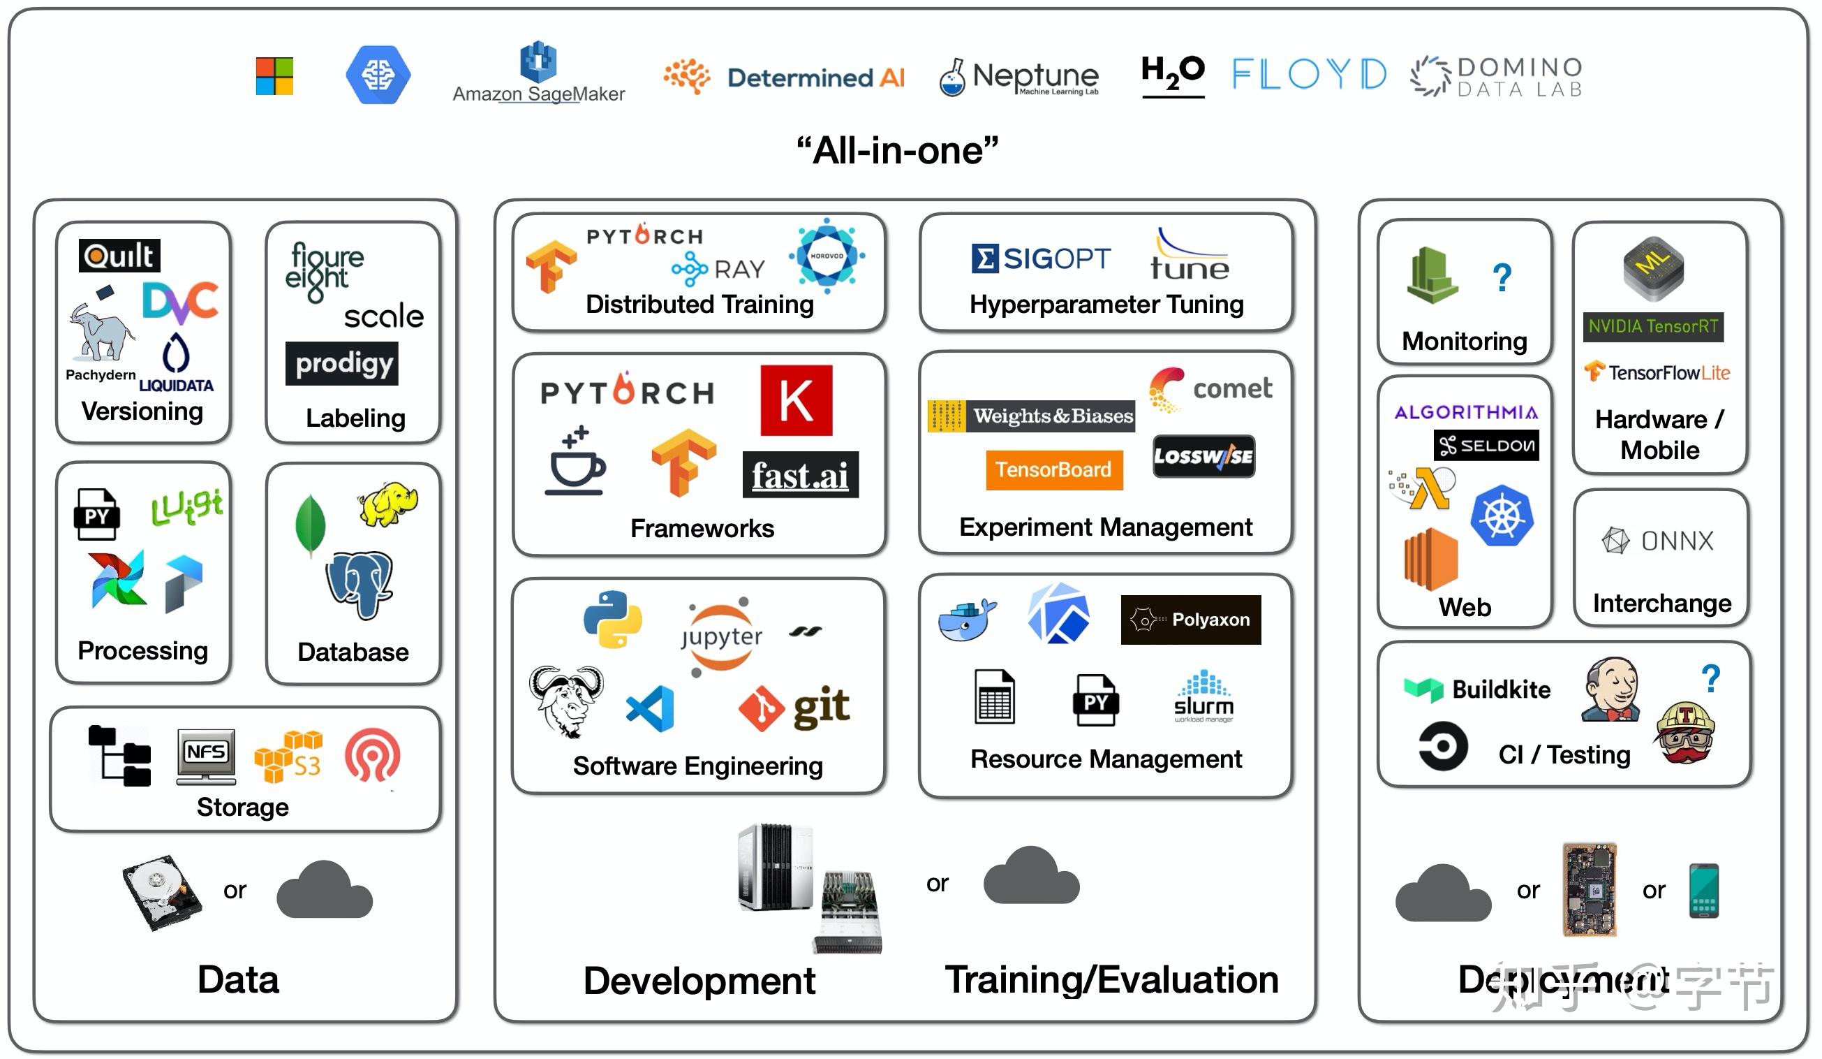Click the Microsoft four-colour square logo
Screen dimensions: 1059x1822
pyautogui.click(x=275, y=76)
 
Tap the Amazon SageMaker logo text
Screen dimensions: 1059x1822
pyautogui.click(x=539, y=94)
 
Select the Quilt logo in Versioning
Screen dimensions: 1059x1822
pyautogui.click(x=119, y=256)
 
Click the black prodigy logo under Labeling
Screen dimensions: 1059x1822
pyautogui.click(x=342, y=363)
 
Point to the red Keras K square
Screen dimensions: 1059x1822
pyautogui.click(x=796, y=400)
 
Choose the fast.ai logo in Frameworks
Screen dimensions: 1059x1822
pyautogui.click(x=801, y=475)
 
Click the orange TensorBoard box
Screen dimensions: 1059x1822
pyautogui.click(x=1053, y=469)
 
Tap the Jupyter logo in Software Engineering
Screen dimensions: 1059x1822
pyautogui.click(x=722, y=636)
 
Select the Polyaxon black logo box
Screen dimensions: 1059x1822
pyautogui.click(x=1190, y=620)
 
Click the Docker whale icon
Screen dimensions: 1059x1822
pyautogui.click(x=965, y=620)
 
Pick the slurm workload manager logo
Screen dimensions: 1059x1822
pyautogui.click(x=1203, y=697)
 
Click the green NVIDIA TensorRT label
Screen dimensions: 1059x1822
pyautogui.click(x=1653, y=327)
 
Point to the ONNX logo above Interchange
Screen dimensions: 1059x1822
pyautogui.click(x=1658, y=541)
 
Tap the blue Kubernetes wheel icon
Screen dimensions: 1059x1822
pyautogui.click(x=1502, y=516)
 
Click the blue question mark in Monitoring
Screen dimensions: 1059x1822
pyautogui.click(x=1502, y=277)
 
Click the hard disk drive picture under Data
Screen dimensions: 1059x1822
pyautogui.click(x=162, y=892)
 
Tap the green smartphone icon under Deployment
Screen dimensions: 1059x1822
pyautogui.click(x=1703, y=891)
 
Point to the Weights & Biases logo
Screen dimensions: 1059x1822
pyautogui.click(x=1031, y=416)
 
